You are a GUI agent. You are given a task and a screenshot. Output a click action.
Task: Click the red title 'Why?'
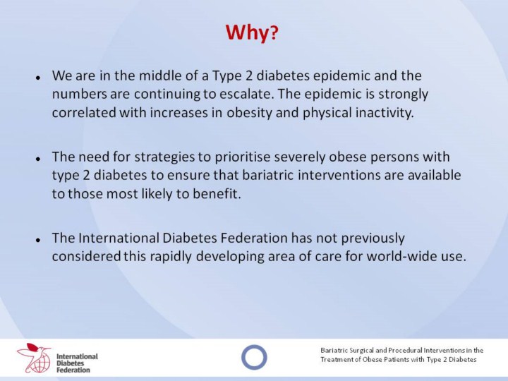click(252, 33)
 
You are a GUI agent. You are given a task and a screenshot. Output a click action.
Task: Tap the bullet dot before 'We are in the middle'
click(38, 78)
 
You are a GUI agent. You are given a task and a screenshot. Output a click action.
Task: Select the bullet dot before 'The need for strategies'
click(38, 159)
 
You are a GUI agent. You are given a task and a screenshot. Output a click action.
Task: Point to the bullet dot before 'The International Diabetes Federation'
click(38, 240)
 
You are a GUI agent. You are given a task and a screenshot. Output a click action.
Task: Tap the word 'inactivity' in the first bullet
click(383, 113)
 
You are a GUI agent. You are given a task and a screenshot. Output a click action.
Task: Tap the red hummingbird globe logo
click(34, 358)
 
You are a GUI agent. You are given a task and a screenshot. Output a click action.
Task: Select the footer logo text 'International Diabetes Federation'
click(77, 363)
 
